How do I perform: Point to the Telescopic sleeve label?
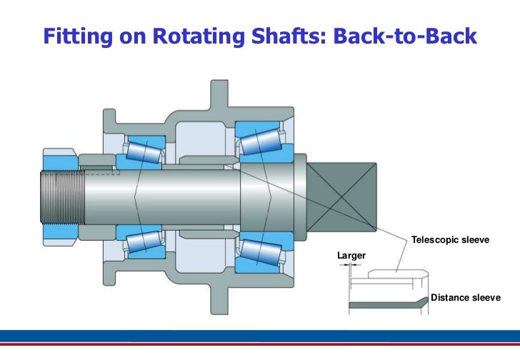coord(450,239)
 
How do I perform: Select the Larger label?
coord(351,255)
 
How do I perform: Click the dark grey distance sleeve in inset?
coord(386,306)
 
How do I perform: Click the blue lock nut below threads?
coord(55,229)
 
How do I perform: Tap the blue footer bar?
coord(260,336)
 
